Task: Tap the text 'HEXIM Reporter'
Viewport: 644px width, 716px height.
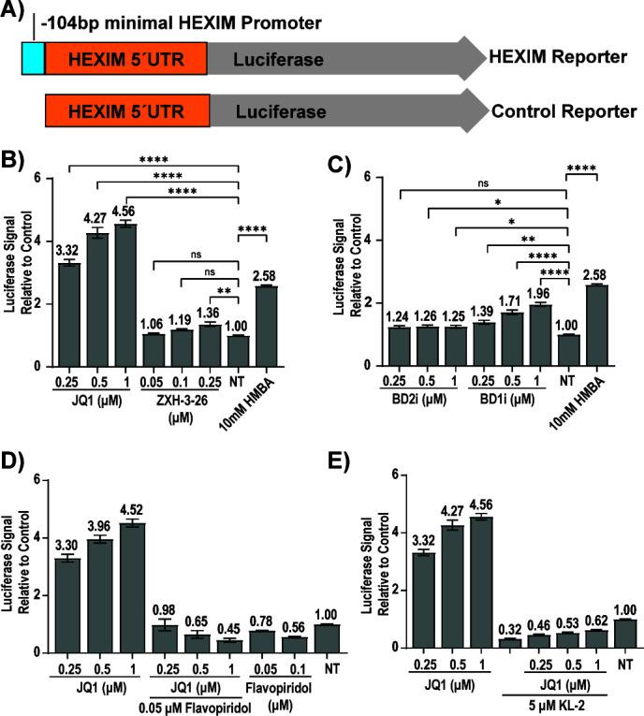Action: pos(558,58)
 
